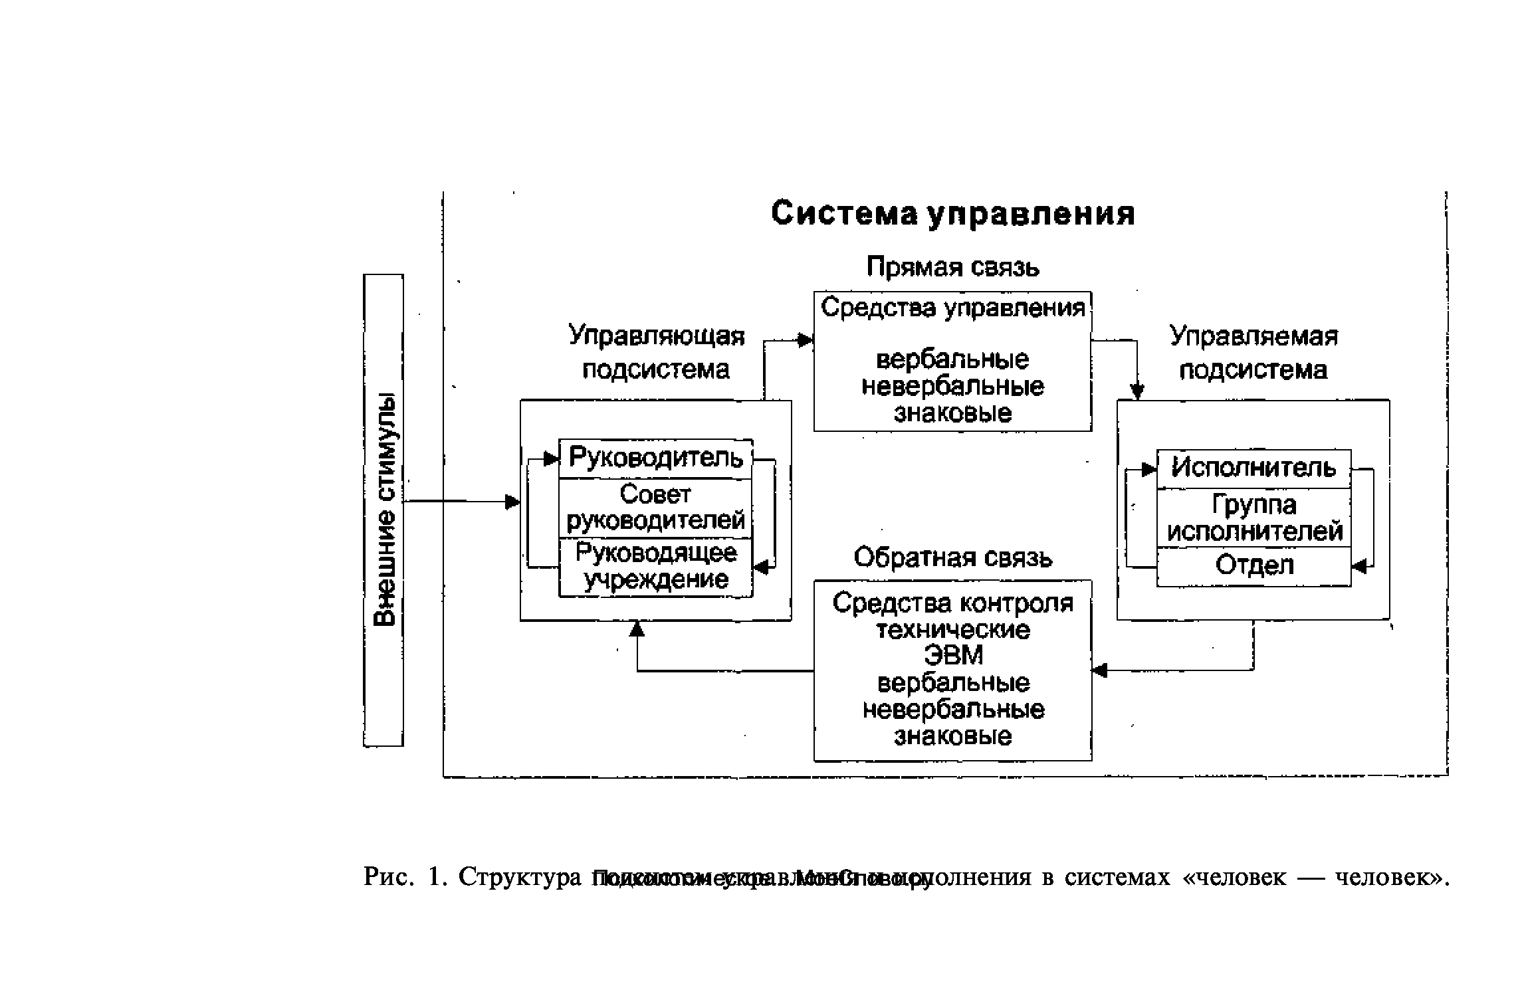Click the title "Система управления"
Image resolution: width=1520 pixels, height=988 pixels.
(x=952, y=214)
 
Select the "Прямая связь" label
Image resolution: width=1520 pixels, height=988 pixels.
(x=952, y=267)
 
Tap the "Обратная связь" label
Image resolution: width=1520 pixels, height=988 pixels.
(x=952, y=557)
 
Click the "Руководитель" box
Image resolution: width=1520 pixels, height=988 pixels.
(x=655, y=458)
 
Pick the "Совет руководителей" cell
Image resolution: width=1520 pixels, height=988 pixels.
(x=655, y=508)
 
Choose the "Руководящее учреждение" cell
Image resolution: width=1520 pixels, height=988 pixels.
(x=655, y=567)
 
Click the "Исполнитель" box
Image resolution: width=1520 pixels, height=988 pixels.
(x=1253, y=468)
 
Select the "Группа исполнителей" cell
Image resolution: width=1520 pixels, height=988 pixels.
(x=1253, y=518)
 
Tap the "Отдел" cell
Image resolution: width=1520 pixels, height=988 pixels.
(x=1253, y=566)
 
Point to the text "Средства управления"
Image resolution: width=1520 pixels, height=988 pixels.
(x=952, y=308)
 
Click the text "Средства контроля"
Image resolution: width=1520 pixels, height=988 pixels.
(x=952, y=603)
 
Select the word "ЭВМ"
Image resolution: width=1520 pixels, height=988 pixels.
(x=952, y=656)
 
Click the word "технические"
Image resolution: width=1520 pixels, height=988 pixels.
(x=952, y=630)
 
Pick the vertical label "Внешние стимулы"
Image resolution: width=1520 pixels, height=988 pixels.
(x=384, y=510)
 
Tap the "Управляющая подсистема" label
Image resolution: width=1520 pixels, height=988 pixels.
(x=656, y=353)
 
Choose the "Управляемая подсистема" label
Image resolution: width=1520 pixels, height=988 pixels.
(x=1253, y=353)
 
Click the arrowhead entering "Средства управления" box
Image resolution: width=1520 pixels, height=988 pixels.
(x=806, y=341)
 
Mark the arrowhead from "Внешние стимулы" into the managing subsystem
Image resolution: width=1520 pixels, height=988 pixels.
(x=512, y=502)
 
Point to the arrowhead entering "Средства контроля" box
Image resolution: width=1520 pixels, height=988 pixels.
(x=1100, y=670)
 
